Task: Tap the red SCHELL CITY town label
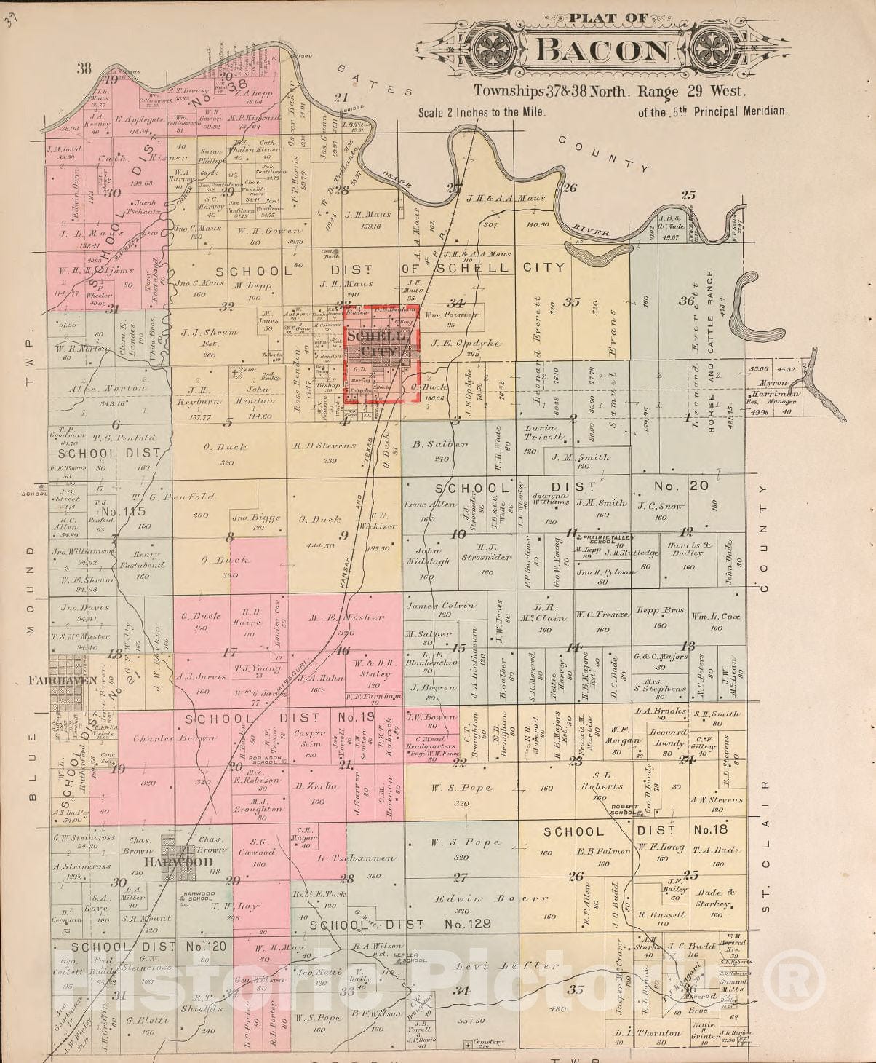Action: [373, 344]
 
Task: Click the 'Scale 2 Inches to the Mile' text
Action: [481, 113]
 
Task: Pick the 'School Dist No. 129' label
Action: [400, 924]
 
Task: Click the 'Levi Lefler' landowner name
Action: [509, 966]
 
